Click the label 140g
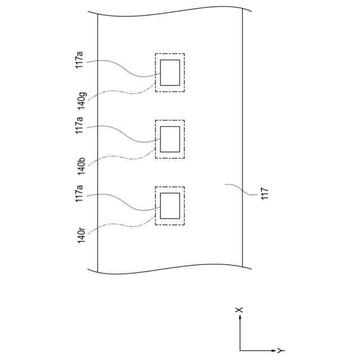[x=82, y=102]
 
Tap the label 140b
[x=82, y=167]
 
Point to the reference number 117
[x=265, y=193]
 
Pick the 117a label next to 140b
[x=79, y=125]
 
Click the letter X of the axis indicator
[x=240, y=309]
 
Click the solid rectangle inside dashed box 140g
[x=170, y=73]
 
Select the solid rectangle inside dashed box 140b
[x=170, y=139]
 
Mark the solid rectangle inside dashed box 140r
[x=170, y=206]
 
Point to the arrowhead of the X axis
[x=240, y=318]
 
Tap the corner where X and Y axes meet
[x=240, y=351]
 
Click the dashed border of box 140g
[x=184, y=73]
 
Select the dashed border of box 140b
[x=184, y=139]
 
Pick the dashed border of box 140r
[x=184, y=206]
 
